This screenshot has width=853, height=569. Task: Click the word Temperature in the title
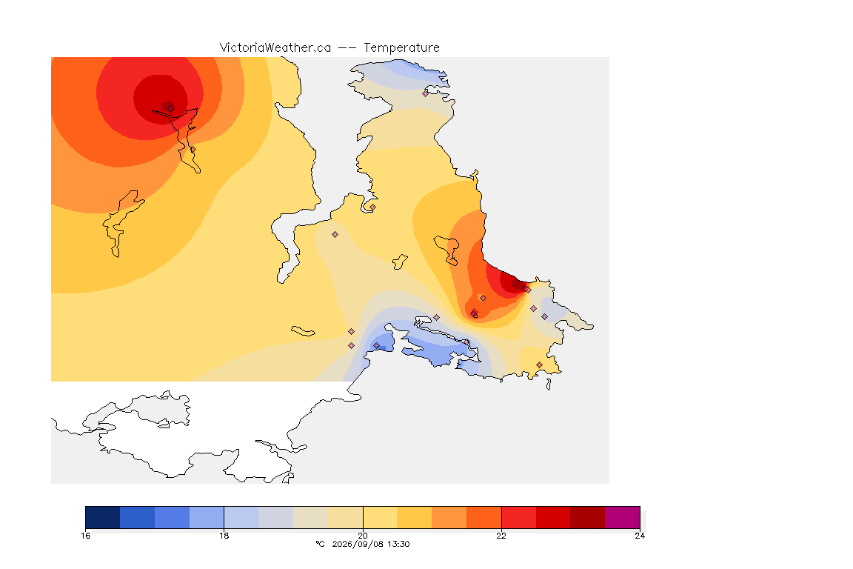click(x=401, y=48)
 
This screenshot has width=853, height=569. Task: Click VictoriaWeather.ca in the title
click(x=275, y=48)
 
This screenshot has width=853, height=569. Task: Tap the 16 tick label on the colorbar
click(x=85, y=536)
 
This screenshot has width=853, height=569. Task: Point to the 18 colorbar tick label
click(x=224, y=536)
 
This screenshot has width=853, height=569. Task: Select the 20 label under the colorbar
click(x=363, y=536)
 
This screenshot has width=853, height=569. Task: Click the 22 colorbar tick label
click(x=501, y=536)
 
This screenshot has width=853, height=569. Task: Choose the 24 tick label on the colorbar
click(x=640, y=536)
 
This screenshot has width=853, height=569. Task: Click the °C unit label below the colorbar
click(x=320, y=544)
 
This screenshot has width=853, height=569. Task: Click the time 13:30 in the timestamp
click(x=399, y=544)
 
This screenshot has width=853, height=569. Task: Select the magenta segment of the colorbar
click(x=622, y=517)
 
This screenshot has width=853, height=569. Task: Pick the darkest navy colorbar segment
click(x=103, y=517)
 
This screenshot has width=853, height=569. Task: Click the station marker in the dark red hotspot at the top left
click(x=170, y=108)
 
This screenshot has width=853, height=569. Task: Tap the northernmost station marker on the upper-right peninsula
click(x=426, y=93)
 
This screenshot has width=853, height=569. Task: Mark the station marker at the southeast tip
click(x=539, y=365)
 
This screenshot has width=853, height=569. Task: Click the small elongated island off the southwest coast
click(x=303, y=331)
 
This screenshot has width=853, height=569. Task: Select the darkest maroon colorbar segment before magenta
click(x=587, y=517)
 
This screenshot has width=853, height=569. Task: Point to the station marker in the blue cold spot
click(x=376, y=346)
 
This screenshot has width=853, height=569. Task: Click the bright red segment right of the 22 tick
click(x=518, y=517)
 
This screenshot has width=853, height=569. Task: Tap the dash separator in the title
click(x=347, y=48)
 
